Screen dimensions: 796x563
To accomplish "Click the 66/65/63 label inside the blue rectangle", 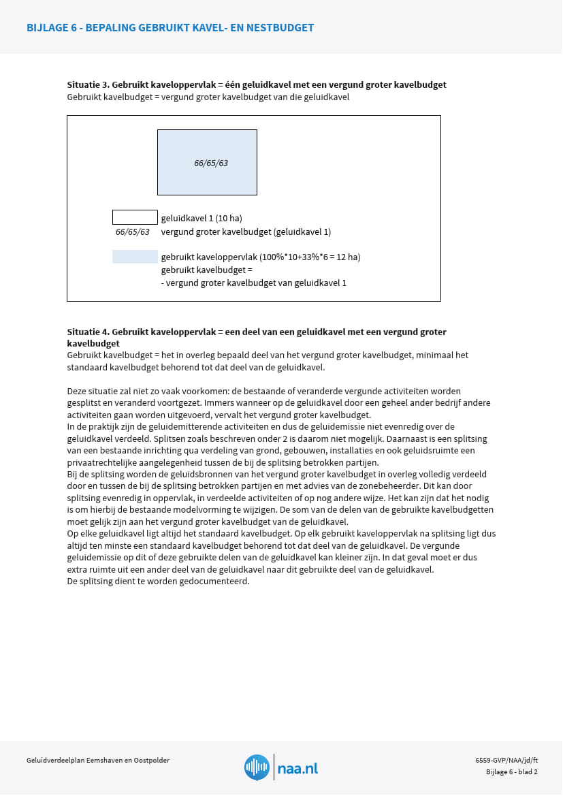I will [x=211, y=163].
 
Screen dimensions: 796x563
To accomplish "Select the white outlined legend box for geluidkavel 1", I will [x=135, y=217].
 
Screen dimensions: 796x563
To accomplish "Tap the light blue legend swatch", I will [x=135, y=257].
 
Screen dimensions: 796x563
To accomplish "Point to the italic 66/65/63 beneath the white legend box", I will [x=133, y=232].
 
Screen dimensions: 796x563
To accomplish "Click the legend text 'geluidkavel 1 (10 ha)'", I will [x=202, y=219].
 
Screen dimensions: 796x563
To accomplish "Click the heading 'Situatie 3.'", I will [x=89, y=85].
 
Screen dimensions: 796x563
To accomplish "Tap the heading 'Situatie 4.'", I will [x=89, y=332].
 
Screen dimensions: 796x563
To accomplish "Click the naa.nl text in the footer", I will [x=297, y=769].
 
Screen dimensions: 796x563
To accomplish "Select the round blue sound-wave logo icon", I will [x=257, y=767].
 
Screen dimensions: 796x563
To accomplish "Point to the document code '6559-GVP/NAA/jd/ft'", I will [x=506, y=760].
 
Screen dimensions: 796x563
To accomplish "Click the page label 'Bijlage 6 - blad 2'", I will [x=512, y=771].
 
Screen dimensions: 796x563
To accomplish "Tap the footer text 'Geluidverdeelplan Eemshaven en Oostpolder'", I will [x=98, y=761].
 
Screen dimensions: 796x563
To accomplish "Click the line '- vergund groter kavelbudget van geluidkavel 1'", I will [x=254, y=283].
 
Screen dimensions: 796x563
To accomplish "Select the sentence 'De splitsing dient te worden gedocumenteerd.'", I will [x=159, y=582].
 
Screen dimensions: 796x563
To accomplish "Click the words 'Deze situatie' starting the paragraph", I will [x=91, y=392].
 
